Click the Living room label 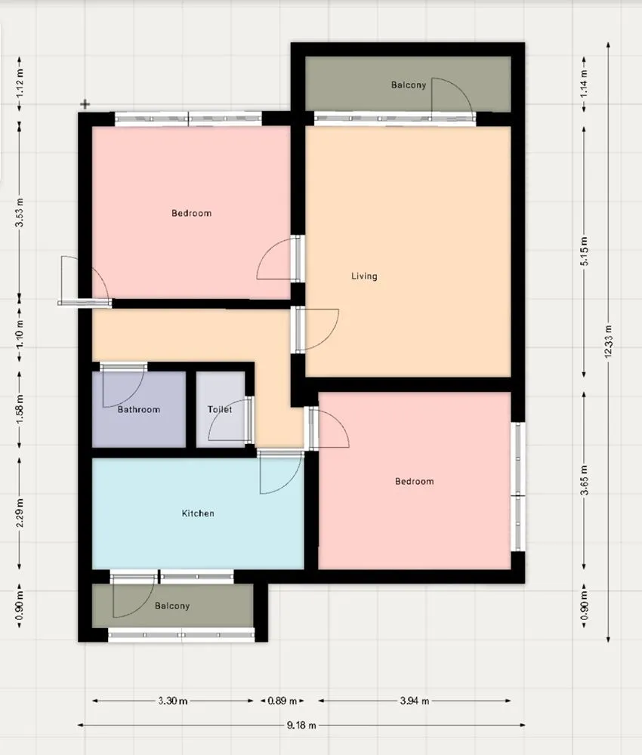coord(364,276)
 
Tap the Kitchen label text coord(198,513)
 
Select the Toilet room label coord(219,410)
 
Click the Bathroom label coord(139,410)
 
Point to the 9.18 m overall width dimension coord(301,725)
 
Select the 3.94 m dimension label coord(414,701)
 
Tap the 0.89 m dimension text coord(282,701)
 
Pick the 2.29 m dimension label coord(20,513)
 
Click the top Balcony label coord(409,85)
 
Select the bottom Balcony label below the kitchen coord(172,606)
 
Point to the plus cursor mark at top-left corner coord(85,104)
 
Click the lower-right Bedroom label coord(415,482)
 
